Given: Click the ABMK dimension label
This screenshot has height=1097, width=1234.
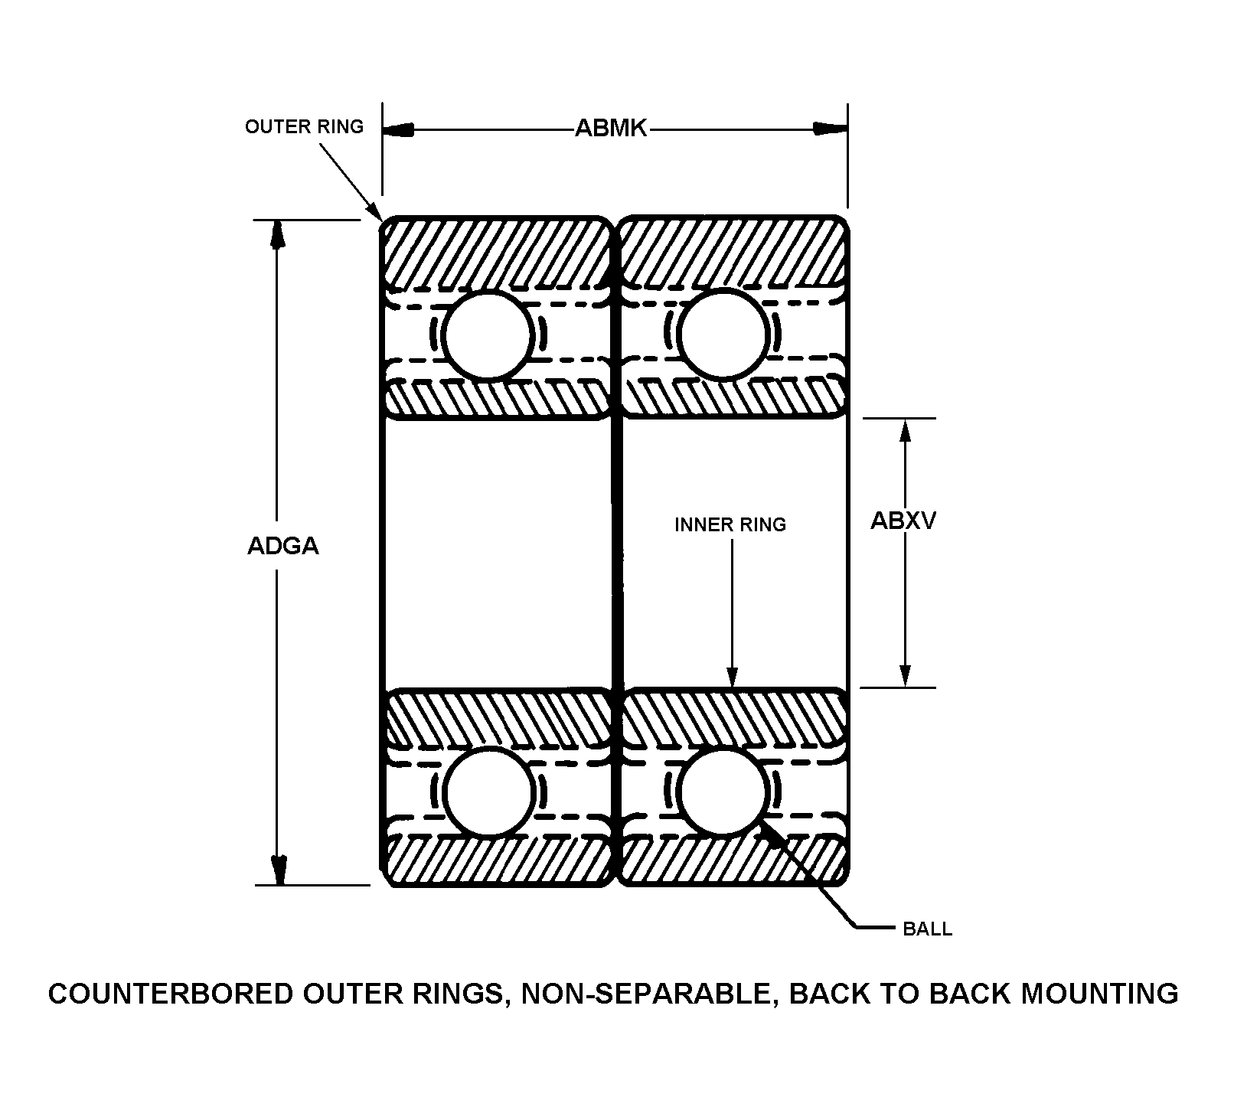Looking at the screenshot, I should pos(611,129).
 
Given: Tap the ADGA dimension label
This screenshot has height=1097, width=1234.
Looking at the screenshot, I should pos(282,546).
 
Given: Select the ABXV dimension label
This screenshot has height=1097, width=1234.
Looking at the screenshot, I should pos(903,521).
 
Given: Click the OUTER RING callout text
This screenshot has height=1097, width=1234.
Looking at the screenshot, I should pos(304,126).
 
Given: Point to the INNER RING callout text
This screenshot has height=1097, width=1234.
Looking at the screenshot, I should pos(730,524).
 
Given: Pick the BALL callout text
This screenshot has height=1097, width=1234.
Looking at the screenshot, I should pos(928,929).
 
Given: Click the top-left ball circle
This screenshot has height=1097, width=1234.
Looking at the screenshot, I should pos(488,335).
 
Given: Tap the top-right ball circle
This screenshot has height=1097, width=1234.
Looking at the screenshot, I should pos(723,334).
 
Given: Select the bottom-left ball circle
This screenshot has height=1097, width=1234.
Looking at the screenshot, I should pos(488,792).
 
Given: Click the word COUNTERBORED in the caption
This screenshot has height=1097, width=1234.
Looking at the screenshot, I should pos(169,994).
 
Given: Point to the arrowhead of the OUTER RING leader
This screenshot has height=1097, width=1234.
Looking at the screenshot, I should pos(375,211).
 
